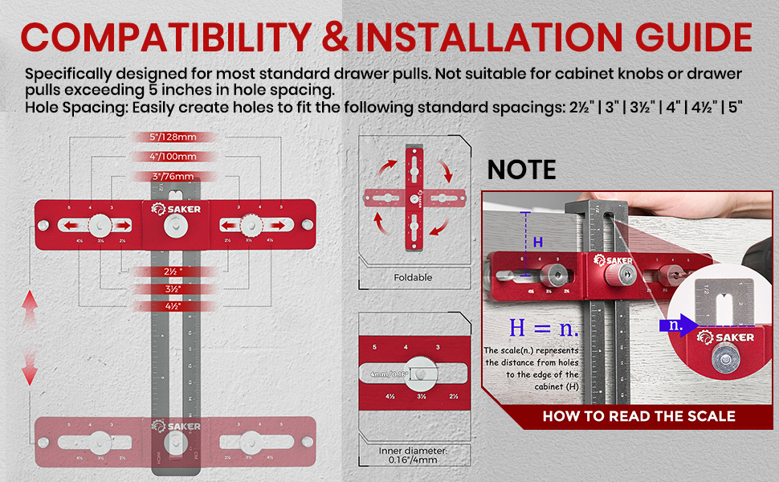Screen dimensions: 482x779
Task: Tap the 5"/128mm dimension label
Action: point(172,137)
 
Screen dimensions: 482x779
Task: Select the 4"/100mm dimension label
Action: point(172,157)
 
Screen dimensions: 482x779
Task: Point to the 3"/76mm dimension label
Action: point(172,177)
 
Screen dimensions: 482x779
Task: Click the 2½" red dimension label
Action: point(171,272)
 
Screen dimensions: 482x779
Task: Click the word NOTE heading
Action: point(521,170)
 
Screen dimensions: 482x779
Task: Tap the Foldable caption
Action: point(414,277)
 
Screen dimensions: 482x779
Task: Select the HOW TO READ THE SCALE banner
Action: point(638,416)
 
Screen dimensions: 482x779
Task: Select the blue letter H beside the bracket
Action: point(538,242)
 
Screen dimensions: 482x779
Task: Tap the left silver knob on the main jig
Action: point(100,224)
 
